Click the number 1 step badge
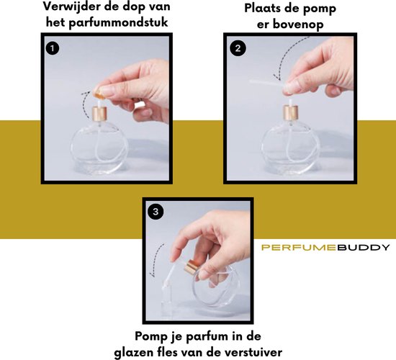53,48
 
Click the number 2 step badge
238,48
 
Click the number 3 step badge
156,211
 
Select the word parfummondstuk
119,22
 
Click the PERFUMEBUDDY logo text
325,248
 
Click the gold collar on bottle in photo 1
99,114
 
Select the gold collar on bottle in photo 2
290,112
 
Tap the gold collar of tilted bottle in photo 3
192,267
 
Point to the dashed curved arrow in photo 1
86,105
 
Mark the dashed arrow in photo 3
156,260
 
